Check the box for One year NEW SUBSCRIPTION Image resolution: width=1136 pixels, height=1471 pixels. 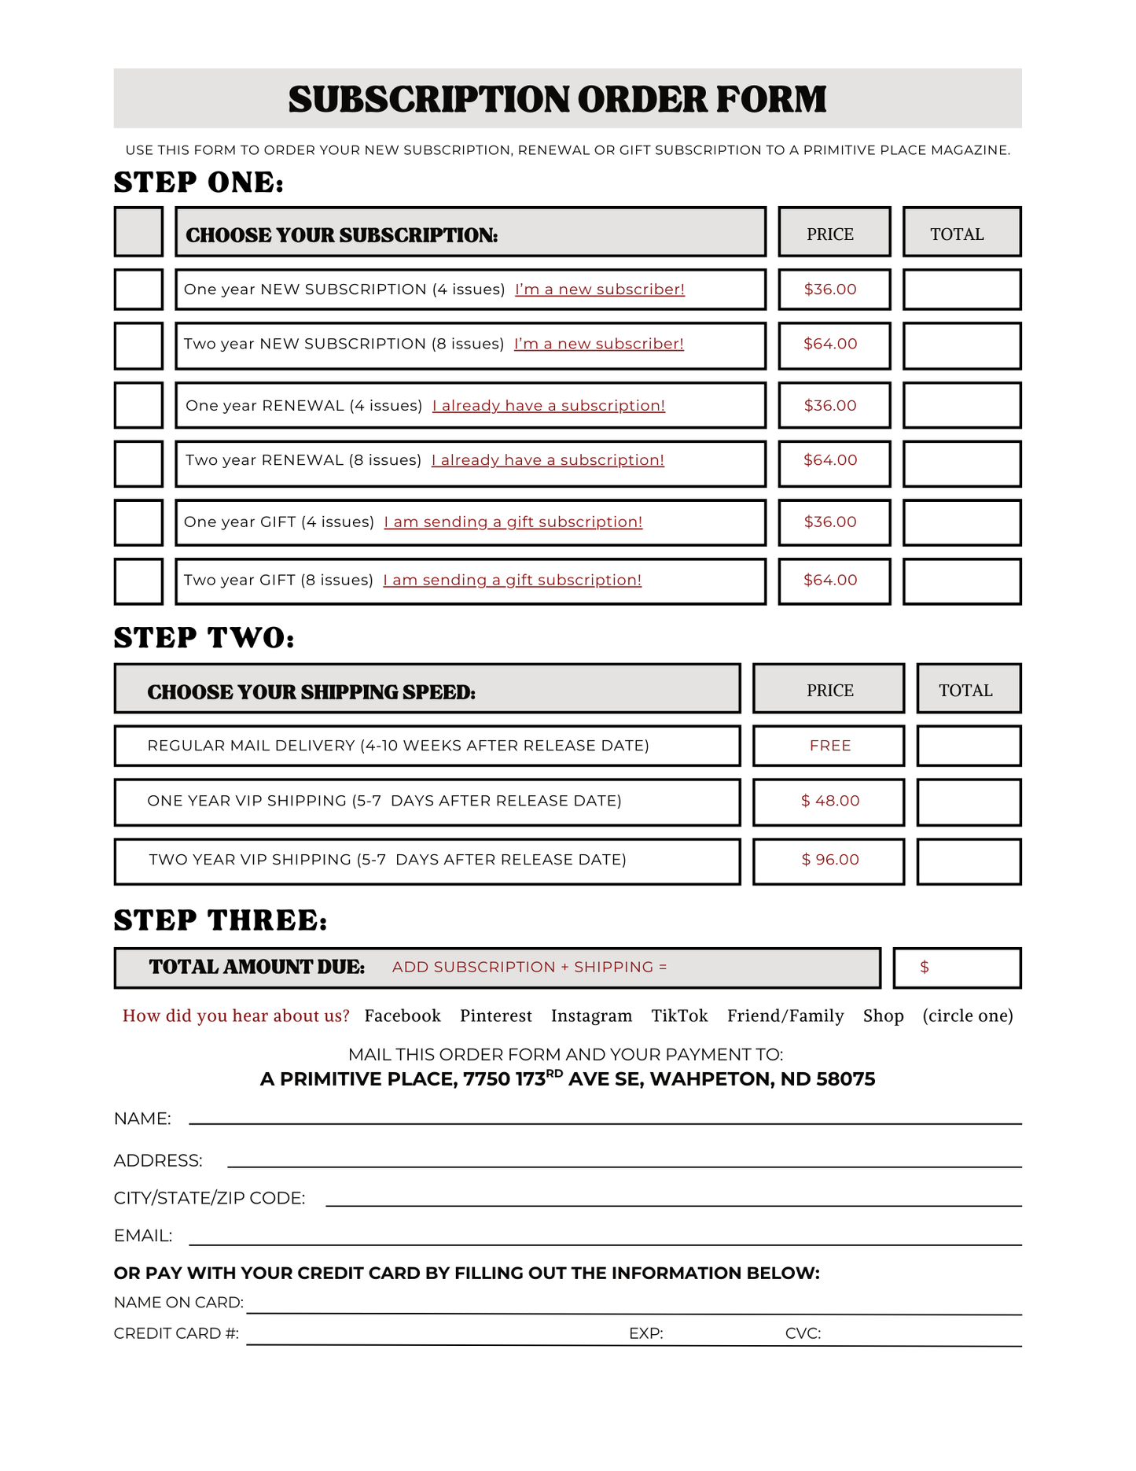pyautogui.click(x=138, y=289)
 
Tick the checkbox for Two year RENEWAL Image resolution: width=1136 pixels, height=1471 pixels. pyautogui.click(x=138, y=464)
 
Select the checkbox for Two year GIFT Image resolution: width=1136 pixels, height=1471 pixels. pyautogui.click(x=138, y=581)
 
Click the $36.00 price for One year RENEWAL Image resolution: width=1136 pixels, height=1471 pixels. pyautogui.click(x=830, y=405)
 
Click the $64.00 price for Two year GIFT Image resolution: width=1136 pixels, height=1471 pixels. pyautogui.click(x=830, y=581)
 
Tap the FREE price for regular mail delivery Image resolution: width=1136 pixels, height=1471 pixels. pyautogui.click(x=830, y=746)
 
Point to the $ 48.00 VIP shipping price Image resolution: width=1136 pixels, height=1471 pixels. pyautogui.click(x=830, y=801)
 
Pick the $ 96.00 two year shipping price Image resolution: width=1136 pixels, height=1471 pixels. pyautogui.click(x=830, y=860)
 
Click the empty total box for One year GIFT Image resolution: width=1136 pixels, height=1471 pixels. pyautogui.click(x=961, y=522)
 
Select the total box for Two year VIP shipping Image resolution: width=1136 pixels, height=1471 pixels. pyautogui.click(x=969, y=861)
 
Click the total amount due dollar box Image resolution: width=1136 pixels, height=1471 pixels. pyautogui.click(x=957, y=968)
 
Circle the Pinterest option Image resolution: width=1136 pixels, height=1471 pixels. pyautogui.click(x=495, y=1016)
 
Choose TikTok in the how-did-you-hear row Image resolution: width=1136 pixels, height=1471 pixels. pyautogui.click(x=679, y=1016)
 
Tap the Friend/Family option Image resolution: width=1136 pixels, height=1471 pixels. pyautogui.click(x=785, y=1016)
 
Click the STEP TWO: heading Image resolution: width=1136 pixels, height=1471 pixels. pyautogui.click(x=204, y=638)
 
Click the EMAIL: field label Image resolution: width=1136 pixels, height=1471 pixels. pyautogui.click(x=143, y=1236)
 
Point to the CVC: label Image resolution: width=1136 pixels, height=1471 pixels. pyautogui.click(x=803, y=1333)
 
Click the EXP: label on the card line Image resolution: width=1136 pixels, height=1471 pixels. pyautogui.click(x=645, y=1333)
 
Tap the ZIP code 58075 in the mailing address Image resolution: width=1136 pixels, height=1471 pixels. pyautogui.click(x=845, y=1079)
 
